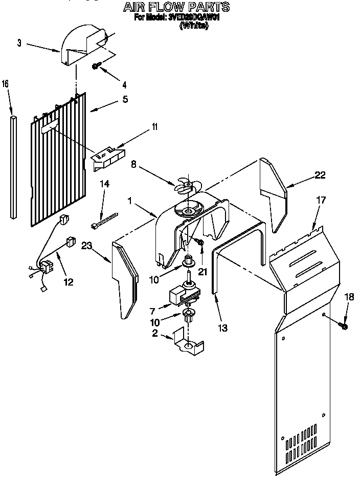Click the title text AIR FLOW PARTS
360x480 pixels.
175,7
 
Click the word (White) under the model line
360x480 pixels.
194,26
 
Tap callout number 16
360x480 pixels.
5,83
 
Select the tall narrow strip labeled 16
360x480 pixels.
13,167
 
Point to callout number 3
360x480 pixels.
19,43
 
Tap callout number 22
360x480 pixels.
320,176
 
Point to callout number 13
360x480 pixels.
222,328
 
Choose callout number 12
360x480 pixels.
67,281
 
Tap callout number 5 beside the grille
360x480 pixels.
125,100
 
